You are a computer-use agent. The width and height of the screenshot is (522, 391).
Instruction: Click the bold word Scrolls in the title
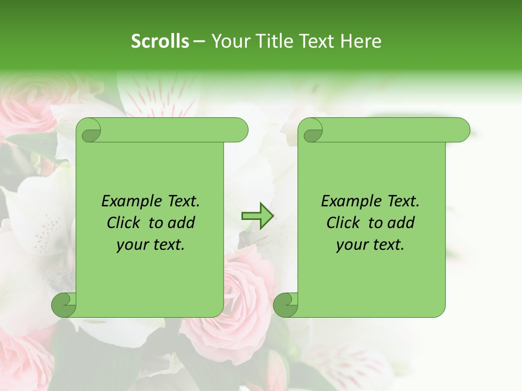coord(160,41)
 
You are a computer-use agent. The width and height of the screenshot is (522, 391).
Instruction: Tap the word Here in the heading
coord(361,41)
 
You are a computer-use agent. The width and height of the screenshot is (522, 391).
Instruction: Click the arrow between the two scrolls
coord(257,216)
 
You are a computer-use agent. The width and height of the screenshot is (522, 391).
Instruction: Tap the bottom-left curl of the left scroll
coord(64,304)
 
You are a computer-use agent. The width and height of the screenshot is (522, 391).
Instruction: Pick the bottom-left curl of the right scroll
coord(286,304)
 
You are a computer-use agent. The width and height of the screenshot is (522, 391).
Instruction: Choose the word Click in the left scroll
coord(125,223)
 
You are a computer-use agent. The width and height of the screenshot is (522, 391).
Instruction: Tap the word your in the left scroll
coord(132,245)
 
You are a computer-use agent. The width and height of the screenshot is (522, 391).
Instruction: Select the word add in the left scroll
coord(181,223)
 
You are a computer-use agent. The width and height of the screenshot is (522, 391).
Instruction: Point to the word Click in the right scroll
coord(345,223)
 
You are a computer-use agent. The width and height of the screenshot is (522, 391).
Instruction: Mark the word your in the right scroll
coord(351,245)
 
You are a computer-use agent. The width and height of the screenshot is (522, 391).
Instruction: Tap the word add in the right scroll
coord(401,223)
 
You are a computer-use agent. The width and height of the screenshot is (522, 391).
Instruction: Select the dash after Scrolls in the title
coord(199,41)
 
